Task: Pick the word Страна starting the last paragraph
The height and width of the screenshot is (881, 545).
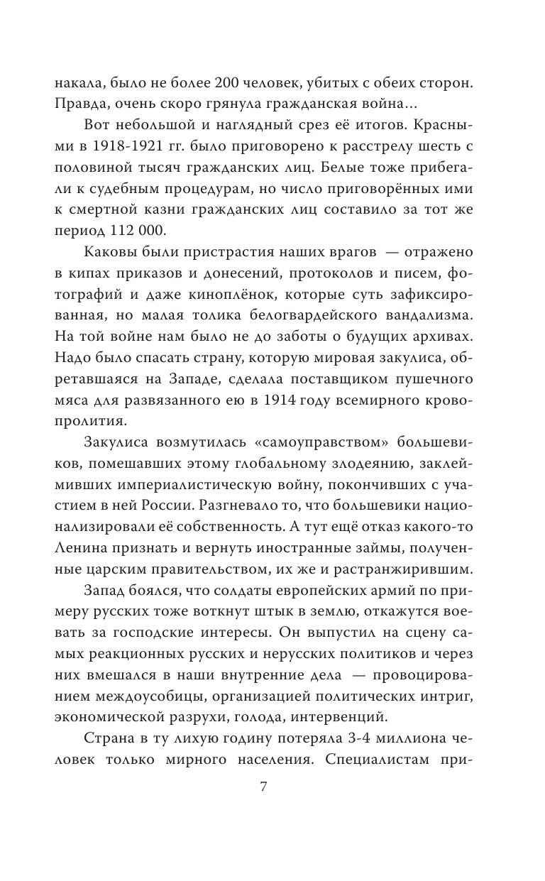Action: pos(109,733)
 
